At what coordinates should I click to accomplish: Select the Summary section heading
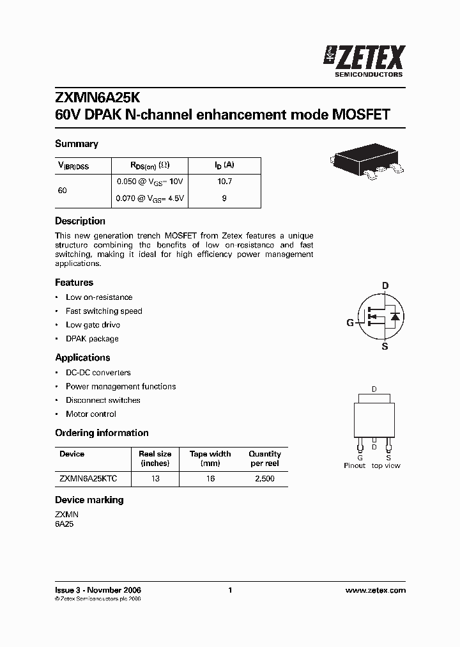(x=77, y=144)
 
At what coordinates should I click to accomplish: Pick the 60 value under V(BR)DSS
(x=63, y=191)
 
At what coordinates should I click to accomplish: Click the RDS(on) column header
(x=151, y=164)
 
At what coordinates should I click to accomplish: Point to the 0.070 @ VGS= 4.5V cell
(x=149, y=198)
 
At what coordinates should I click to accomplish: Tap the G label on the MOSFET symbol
(x=350, y=323)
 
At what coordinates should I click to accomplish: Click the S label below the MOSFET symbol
(x=385, y=347)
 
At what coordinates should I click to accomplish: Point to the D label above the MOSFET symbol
(x=385, y=286)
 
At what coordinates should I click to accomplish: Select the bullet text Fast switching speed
(x=104, y=311)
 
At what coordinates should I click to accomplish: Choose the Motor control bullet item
(x=91, y=414)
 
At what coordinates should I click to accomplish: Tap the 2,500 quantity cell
(x=264, y=478)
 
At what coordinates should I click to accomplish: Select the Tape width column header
(x=210, y=458)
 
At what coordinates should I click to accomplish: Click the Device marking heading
(x=89, y=500)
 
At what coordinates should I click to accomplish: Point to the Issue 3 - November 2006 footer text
(x=98, y=590)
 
